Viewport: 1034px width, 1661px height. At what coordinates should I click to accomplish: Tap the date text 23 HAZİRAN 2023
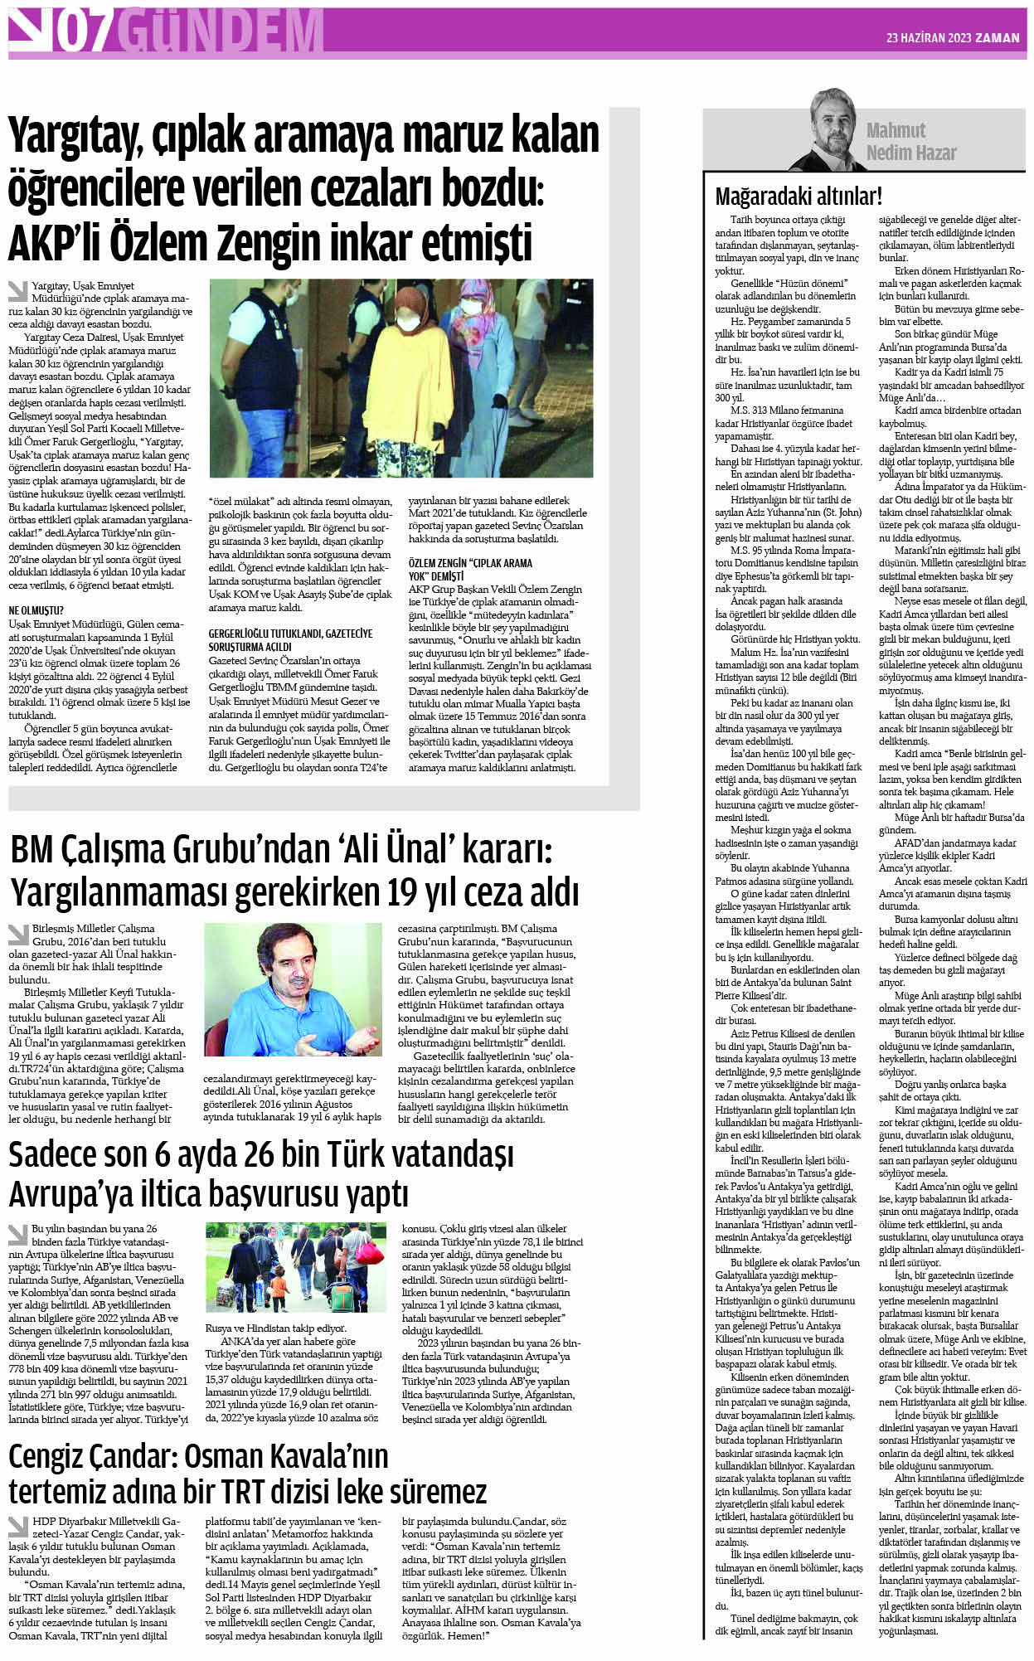[927, 37]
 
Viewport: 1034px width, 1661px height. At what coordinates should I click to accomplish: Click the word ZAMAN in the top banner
[997, 37]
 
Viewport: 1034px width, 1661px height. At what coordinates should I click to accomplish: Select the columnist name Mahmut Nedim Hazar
[910, 141]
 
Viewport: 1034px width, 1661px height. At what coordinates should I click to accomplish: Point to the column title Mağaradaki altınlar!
[799, 197]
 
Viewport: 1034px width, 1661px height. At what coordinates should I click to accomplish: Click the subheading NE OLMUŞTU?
[36, 610]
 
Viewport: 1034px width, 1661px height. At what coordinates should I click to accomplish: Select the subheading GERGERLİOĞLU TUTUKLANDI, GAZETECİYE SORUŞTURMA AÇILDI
[290, 639]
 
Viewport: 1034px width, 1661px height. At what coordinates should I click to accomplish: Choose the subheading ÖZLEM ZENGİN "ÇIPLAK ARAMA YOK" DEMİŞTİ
[470, 569]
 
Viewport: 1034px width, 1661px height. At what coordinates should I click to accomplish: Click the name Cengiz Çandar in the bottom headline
[89, 1455]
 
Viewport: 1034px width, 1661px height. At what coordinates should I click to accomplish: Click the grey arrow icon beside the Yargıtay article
[17, 291]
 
